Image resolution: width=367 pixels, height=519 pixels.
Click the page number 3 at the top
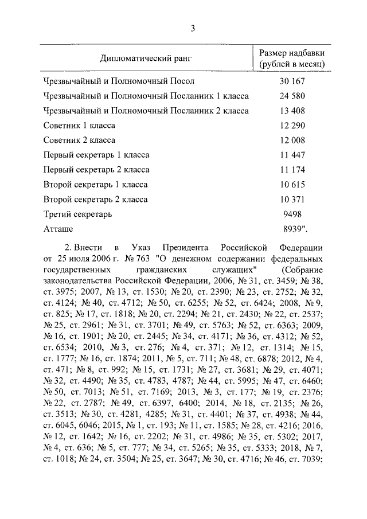coord(194,29)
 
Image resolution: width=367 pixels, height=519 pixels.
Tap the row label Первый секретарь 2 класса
coord(96,170)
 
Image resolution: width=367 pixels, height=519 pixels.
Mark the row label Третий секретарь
coord(77,214)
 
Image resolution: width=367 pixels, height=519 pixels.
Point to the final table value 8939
coord(295,229)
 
